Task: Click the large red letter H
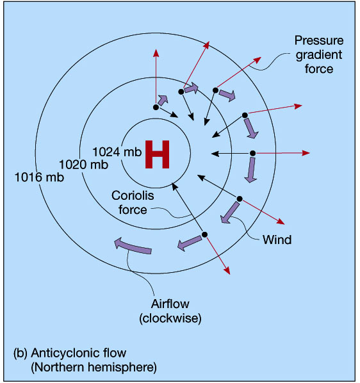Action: point(158,154)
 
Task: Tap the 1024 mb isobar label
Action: point(117,152)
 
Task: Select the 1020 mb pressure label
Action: point(84,165)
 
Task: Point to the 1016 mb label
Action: point(39,177)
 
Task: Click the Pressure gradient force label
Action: point(319,54)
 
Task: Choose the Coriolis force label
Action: point(133,202)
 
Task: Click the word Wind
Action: point(277,240)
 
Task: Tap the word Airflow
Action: point(170,304)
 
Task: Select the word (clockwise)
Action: point(170,318)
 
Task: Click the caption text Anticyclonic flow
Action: point(78,353)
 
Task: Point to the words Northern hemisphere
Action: point(94,368)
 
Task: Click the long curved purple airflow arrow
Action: point(133,246)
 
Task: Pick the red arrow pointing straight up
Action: point(156,77)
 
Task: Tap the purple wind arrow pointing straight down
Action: point(251,170)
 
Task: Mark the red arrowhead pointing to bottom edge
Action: point(227,271)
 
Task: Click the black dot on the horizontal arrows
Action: point(253,154)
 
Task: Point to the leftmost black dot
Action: point(156,107)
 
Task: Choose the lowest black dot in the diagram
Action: point(205,234)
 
